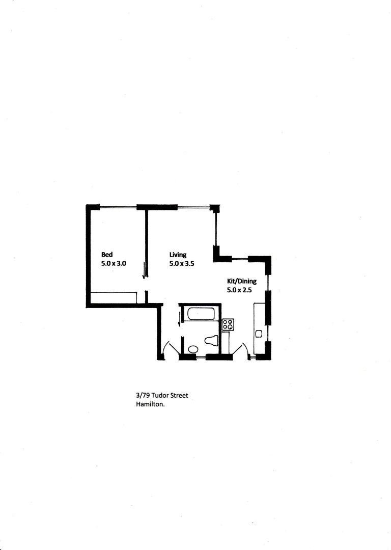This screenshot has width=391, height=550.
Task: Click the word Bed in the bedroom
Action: [x=106, y=255]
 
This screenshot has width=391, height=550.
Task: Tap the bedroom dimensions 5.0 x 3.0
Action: [x=114, y=264]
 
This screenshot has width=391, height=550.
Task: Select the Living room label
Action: [x=178, y=255]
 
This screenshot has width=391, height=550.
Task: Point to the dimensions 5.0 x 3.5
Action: [x=182, y=264]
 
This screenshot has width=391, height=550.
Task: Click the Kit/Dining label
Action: [x=241, y=281]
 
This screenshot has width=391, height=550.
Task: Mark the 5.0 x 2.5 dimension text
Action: [x=239, y=290]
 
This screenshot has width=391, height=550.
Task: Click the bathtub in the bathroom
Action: [x=201, y=314]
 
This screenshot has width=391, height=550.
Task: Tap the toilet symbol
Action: [x=210, y=340]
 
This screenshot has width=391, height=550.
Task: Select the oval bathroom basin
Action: [x=193, y=349]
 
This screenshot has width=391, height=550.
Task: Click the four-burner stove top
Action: [x=228, y=325]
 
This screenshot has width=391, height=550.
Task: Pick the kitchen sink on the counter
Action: [x=259, y=334]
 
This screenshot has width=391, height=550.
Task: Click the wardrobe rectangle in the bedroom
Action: [x=114, y=297]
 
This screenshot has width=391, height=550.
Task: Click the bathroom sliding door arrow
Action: [x=179, y=318]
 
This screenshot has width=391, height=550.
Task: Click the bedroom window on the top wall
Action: [x=118, y=207]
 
